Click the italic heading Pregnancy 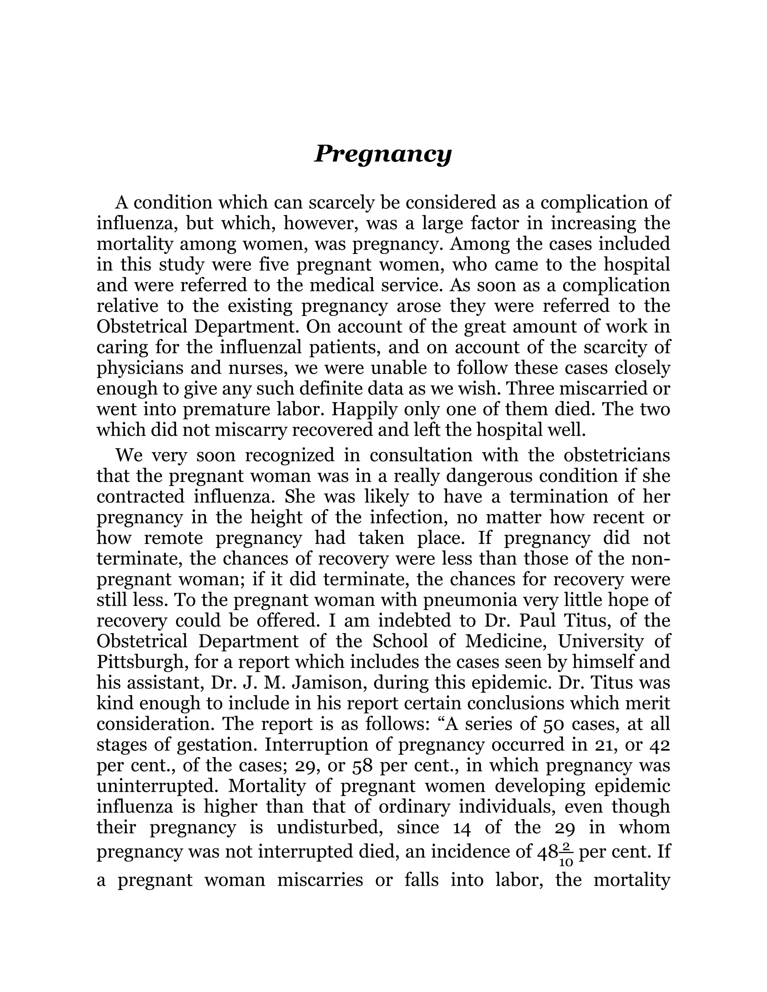pos(383,155)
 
